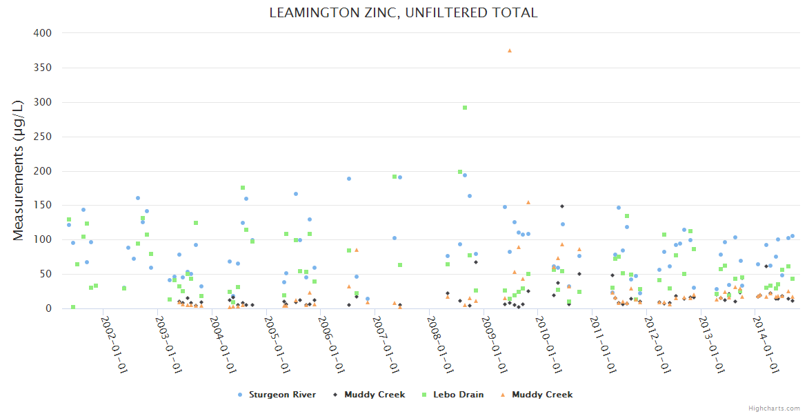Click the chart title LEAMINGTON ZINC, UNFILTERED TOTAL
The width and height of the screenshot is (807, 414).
[403, 13]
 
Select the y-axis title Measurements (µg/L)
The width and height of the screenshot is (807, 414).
[19, 170]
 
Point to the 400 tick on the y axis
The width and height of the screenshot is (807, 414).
[42, 33]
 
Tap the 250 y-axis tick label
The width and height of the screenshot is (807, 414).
[42, 137]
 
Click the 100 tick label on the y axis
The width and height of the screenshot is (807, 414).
[42, 240]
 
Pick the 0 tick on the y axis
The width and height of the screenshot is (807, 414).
[48, 309]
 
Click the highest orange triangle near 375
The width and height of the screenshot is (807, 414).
[510, 50]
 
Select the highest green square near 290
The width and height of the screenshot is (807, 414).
[465, 108]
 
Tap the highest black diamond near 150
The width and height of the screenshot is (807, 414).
[562, 206]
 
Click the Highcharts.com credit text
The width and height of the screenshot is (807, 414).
[775, 408]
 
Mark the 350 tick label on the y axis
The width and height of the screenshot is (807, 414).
[42, 68]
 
